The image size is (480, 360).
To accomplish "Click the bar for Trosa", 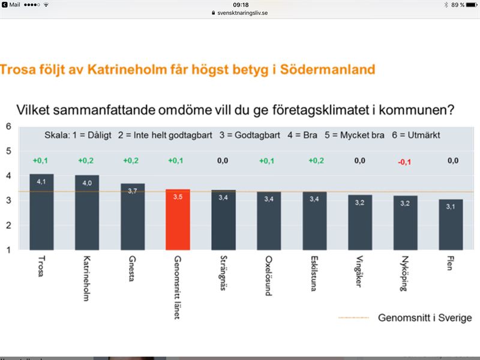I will tap(41, 212).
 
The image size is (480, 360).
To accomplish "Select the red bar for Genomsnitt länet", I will tap(178, 220).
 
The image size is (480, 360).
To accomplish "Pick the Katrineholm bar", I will tap(87, 212).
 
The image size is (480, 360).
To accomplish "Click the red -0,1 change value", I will tap(405, 161).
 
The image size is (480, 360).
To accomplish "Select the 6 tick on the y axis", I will tap(8, 126).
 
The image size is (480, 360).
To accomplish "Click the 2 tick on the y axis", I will tap(8, 226).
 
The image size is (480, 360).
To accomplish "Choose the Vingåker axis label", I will tap(359, 273).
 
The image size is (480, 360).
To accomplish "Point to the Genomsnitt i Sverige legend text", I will tap(425, 317).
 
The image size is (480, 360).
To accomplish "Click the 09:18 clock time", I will tap(240, 4).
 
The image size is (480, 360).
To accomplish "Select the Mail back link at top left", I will tap(12, 4).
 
